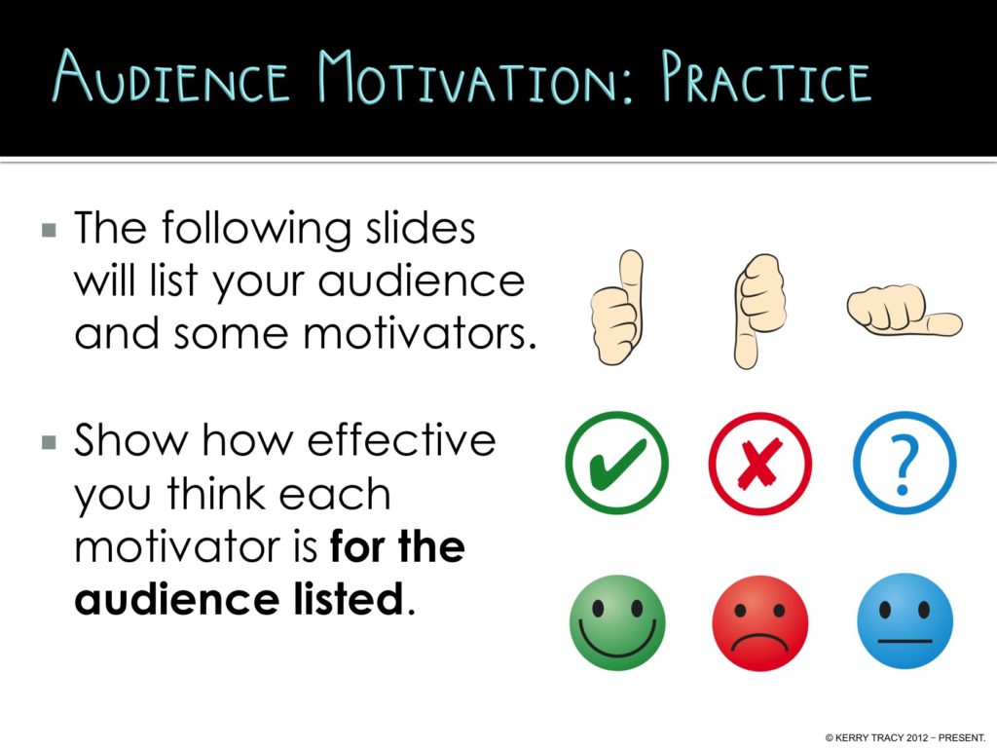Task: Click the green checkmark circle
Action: click(x=616, y=463)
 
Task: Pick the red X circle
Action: click(x=759, y=463)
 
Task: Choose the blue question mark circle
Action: click(x=904, y=463)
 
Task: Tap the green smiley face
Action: click(x=616, y=621)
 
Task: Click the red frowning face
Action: click(x=759, y=621)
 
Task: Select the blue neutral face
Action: click(x=904, y=621)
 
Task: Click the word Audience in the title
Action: click(x=171, y=77)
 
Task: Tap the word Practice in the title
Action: click(x=765, y=77)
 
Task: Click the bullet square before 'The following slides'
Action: click(x=50, y=231)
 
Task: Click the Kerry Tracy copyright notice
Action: click(x=905, y=736)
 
